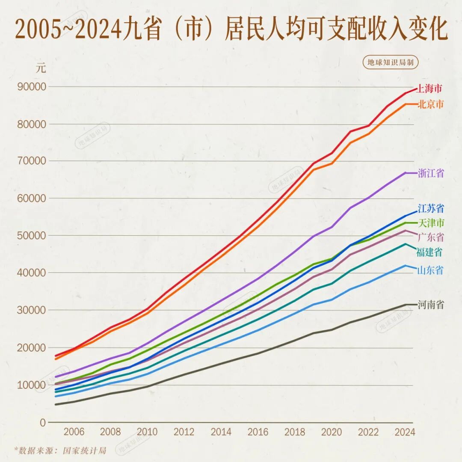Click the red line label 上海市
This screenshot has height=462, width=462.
click(x=429, y=89)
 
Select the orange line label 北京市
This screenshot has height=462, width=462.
click(x=431, y=104)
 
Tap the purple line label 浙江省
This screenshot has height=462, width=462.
click(x=431, y=173)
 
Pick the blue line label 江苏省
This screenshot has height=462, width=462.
click(x=431, y=209)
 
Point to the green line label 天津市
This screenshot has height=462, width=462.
click(x=431, y=223)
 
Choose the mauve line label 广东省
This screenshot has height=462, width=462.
click(x=431, y=237)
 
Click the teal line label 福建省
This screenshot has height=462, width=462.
click(x=429, y=252)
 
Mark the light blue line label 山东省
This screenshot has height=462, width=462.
click(x=430, y=270)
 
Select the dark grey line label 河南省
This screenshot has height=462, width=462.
click(x=431, y=305)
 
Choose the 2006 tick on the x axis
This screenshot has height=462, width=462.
click(x=74, y=432)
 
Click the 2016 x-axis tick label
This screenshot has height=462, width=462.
click(x=258, y=432)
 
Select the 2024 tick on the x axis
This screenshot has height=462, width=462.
click(x=405, y=432)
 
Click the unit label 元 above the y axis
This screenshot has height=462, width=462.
click(x=41, y=68)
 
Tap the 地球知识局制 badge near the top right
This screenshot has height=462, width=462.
click(x=391, y=62)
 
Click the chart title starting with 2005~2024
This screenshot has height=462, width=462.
click(x=231, y=29)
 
